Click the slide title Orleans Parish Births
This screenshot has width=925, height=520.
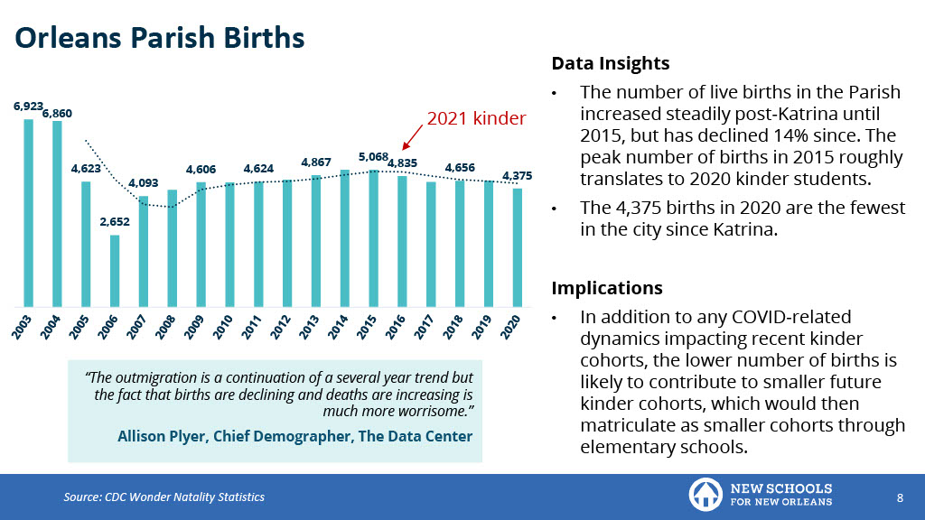[x=160, y=38]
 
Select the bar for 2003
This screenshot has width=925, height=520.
[x=28, y=212]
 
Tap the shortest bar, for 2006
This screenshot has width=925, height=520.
[x=115, y=270]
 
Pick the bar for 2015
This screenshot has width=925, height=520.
[x=374, y=237]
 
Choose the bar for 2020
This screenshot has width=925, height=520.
[x=517, y=246]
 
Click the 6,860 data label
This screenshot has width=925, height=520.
[x=57, y=113]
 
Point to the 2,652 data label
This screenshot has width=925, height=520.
[x=115, y=221]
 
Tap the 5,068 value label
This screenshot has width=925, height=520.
[x=373, y=156]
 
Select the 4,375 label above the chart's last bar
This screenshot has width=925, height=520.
[x=518, y=175]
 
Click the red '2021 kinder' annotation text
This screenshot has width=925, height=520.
[x=476, y=117]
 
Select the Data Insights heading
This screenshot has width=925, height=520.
[x=610, y=64]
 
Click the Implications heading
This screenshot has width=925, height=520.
[x=606, y=288]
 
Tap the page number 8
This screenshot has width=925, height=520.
[x=900, y=497]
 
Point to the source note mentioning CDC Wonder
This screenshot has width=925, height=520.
[x=164, y=497]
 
